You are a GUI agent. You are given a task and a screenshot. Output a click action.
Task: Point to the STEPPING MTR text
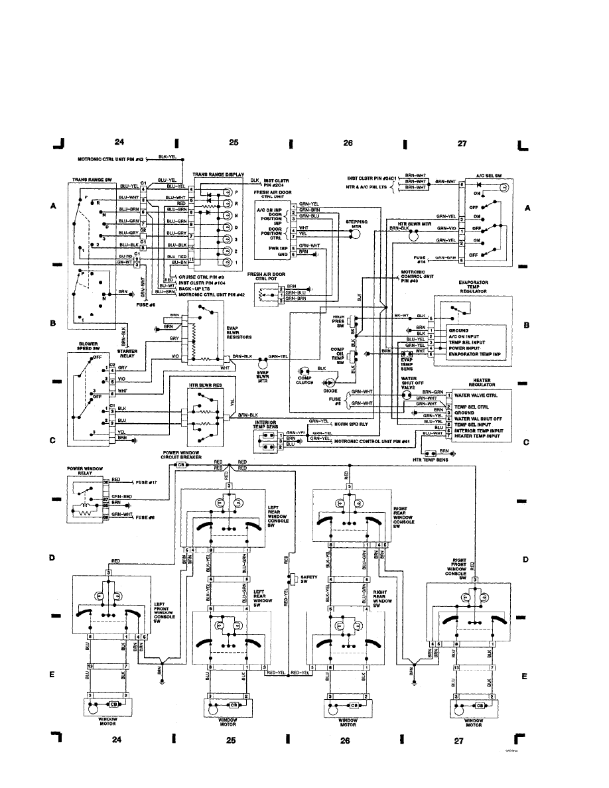(x=357, y=225)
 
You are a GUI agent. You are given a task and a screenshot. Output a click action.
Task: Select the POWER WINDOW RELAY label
(x=84, y=472)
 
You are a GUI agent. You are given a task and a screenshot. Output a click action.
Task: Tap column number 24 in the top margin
(x=119, y=141)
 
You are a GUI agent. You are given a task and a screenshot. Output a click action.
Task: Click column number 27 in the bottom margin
(x=458, y=742)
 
